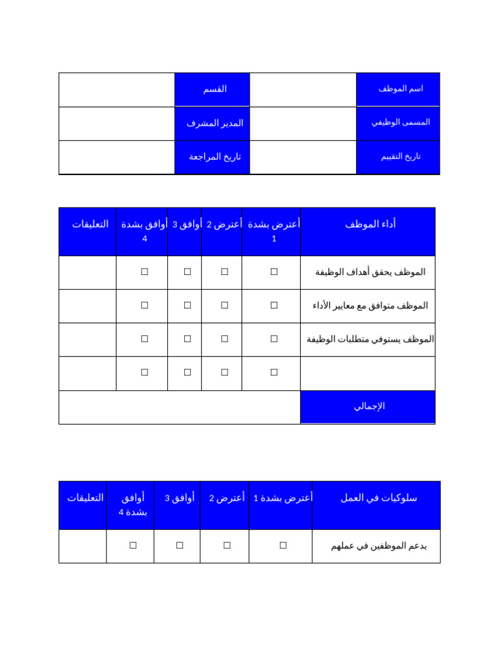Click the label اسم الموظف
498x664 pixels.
400,89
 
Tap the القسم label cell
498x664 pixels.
215,89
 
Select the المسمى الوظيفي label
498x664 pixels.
400,122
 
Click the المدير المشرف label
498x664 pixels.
215,123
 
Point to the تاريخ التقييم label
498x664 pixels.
400,156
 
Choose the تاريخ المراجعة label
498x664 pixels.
215,156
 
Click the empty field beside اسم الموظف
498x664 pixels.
303,89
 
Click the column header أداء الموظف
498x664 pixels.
370,224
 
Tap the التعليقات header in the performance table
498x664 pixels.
89,224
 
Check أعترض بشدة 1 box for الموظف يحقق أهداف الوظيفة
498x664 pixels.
274,272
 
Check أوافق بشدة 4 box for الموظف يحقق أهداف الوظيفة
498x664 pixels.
145,272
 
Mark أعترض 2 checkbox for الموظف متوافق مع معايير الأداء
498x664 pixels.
224,305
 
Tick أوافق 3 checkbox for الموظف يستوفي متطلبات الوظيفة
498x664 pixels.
187,339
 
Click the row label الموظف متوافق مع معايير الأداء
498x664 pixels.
370,305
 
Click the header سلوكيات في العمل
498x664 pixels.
378,498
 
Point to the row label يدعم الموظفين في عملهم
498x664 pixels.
378,546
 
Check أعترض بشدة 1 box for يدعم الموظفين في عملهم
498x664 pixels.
283,546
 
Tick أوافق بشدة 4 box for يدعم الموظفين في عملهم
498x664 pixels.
133,546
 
